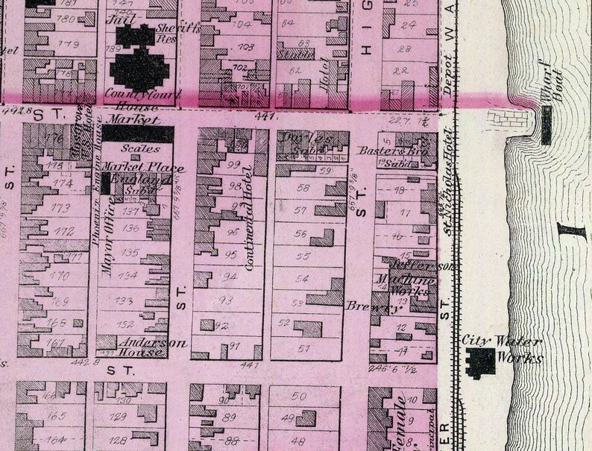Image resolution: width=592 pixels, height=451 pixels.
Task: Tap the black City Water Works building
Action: (480, 360)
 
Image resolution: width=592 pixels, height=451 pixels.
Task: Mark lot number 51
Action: (303, 348)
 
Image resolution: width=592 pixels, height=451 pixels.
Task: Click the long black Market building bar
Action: (137, 133)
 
